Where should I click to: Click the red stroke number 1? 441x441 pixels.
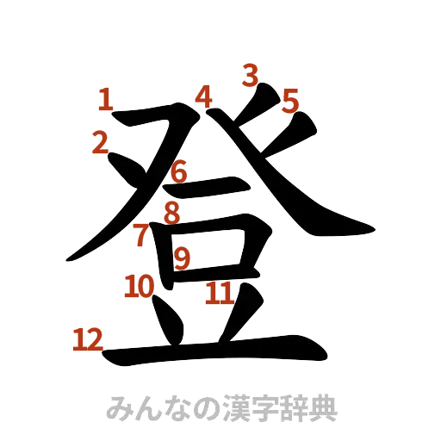105,100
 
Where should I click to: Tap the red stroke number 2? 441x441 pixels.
101,142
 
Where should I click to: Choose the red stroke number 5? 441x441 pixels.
290,102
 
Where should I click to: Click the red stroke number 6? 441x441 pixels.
178,172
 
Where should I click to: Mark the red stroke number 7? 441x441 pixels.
141,235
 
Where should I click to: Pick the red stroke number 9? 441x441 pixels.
182,258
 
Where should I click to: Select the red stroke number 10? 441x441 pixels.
139,287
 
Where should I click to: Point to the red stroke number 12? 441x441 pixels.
87,340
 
